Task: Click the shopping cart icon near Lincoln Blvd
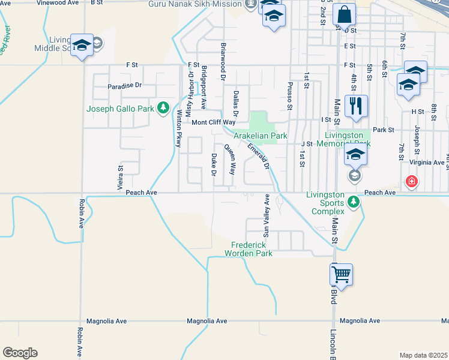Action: [341, 275]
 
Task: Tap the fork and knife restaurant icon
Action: [356, 107]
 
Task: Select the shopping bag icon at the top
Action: [344, 15]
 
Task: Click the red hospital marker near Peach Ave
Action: [411, 181]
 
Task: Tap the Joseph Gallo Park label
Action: [121, 109]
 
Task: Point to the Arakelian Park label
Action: [261, 136]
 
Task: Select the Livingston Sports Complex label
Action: [327, 203]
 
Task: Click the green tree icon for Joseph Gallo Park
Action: [163, 108]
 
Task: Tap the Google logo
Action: [20, 353]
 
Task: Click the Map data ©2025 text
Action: [423, 355]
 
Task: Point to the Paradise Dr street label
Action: [124, 85]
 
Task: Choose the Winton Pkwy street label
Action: [178, 128]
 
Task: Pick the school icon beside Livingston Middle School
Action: [82, 46]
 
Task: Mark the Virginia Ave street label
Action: [426, 163]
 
